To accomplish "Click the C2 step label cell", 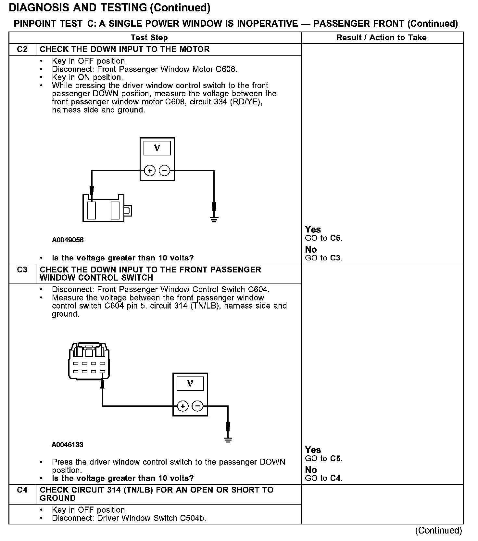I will pos(22,49).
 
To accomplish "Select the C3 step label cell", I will pos(22,270).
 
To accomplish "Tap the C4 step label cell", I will pos(22,490).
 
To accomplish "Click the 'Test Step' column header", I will pos(149,38).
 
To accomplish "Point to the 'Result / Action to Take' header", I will pos(381,38).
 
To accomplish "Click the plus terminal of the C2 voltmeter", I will pos(149,171).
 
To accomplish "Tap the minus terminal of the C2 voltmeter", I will pos(165,171).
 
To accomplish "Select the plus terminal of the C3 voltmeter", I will pos(183,406).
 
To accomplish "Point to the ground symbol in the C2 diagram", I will pos(214,219).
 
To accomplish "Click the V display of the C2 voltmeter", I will pos(157,148).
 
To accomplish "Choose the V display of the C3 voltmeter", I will pos(190,384).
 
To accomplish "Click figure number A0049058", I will pos(68,240).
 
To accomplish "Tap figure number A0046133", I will pos(67,444).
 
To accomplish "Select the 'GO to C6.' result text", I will pos(323,238).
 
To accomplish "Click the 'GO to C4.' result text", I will pos(323,478).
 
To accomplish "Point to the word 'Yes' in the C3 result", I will pos(313,450).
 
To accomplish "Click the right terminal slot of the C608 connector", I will pos(115,210).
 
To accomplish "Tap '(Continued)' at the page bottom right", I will pos(438,530).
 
